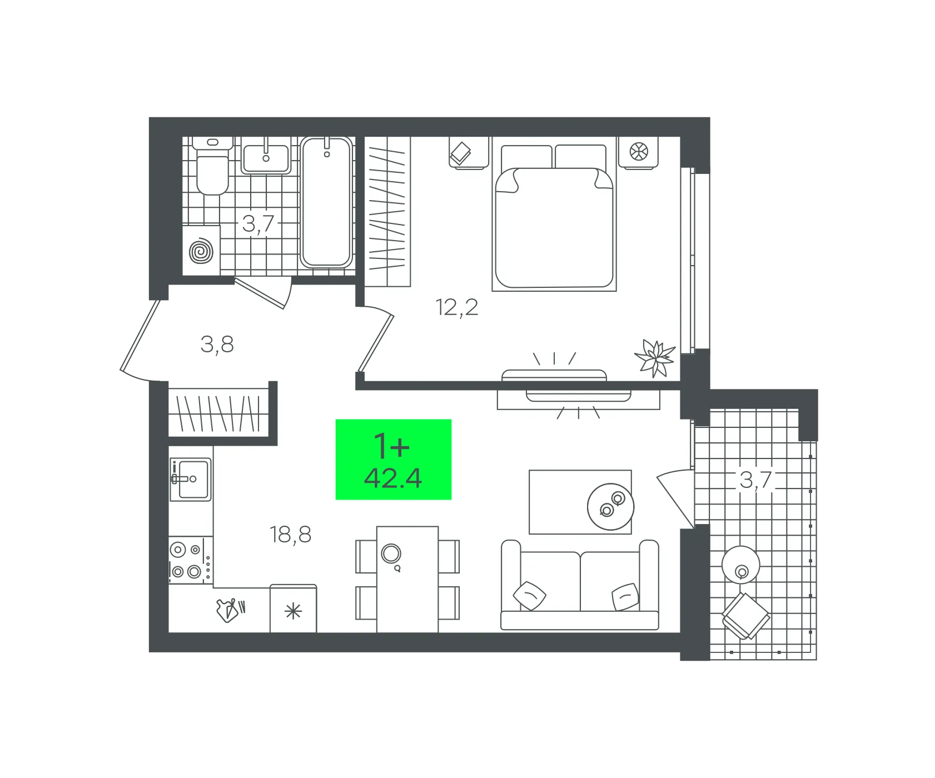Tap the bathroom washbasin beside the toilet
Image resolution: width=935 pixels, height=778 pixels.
point(266,156)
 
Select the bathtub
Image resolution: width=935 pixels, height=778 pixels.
point(326,202)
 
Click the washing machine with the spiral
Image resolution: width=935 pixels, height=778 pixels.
point(201,250)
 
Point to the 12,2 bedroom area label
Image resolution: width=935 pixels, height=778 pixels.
point(457,307)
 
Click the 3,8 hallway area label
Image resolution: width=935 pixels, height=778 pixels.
point(217,345)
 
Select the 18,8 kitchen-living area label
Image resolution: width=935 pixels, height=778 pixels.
point(291,535)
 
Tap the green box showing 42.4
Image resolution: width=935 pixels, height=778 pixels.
point(394,460)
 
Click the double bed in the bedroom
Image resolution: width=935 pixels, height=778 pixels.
point(554,217)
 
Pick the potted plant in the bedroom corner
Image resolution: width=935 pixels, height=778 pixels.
point(656,358)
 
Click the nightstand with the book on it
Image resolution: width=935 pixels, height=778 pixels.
point(469,152)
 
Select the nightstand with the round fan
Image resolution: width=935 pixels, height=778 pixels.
point(639,152)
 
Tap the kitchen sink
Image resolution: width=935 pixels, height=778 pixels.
point(191,479)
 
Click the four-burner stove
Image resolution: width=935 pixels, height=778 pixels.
point(191,560)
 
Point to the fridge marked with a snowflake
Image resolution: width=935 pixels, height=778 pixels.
point(294,609)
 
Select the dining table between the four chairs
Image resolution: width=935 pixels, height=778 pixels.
point(407,579)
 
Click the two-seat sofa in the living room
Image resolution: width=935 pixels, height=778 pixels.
point(580,585)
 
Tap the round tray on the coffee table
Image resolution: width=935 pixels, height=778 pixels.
point(611,507)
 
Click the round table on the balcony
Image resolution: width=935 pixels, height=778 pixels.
point(741,565)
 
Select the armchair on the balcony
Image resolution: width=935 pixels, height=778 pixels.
point(745,616)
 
